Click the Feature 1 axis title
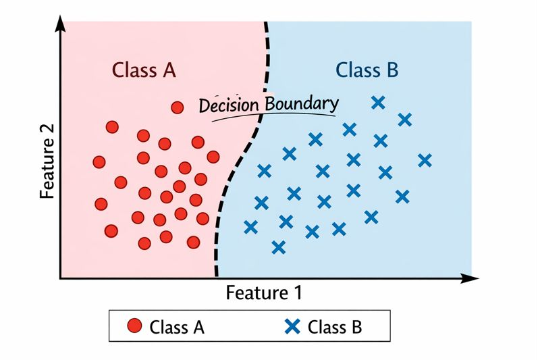click(263, 293)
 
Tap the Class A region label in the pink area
click(144, 70)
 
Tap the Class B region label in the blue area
click(367, 70)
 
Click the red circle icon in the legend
click(134, 327)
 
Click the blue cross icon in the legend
click(292, 327)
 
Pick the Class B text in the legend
click(335, 328)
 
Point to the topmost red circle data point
click(178, 107)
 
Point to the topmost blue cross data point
click(378, 103)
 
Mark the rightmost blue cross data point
click(425, 160)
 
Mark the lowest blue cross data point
click(278, 247)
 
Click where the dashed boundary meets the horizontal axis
click(217, 276)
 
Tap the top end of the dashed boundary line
click(265, 23)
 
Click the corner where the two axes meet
click(61, 278)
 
